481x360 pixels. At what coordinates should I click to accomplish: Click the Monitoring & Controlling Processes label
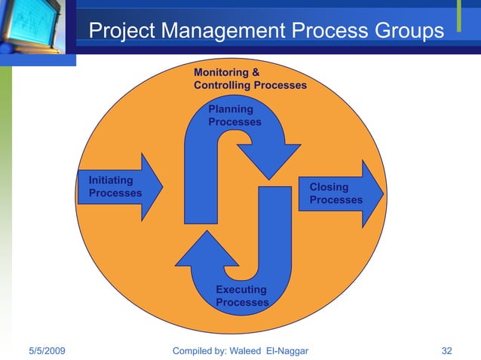(250, 79)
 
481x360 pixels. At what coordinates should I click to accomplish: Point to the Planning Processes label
(234, 116)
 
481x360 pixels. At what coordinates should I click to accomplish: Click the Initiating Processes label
(115, 187)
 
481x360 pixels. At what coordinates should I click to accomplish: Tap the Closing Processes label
(335, 194)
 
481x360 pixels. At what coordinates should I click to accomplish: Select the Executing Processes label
(242, 296)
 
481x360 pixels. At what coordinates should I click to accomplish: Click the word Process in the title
(324, 31)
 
